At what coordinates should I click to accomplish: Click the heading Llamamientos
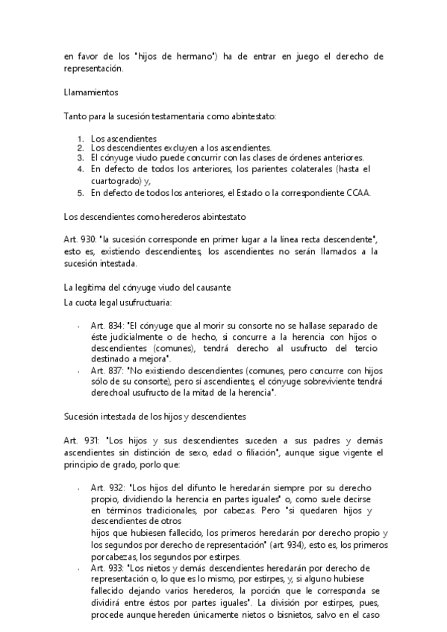(91, 92)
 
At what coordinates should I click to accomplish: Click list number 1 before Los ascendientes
(81, 138)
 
